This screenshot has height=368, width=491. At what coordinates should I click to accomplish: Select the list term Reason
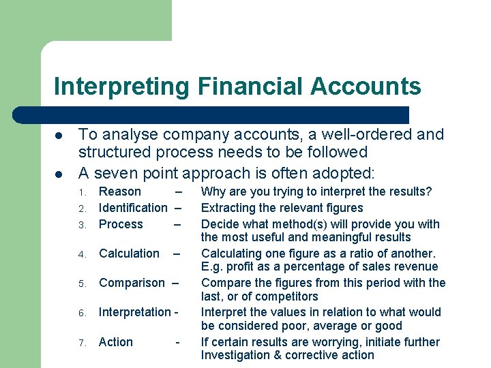point(120,191)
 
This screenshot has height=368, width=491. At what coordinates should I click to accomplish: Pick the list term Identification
point(133,208)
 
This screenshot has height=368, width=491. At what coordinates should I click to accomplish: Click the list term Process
point(121,224)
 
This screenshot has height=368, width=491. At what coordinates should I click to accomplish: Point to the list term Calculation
point(129,254)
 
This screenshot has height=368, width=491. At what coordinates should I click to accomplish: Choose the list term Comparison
point(132,283)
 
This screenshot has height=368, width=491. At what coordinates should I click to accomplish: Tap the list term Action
point(116,342)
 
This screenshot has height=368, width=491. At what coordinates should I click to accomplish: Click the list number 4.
point(81,255)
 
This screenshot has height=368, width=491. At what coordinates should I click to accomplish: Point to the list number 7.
point(81,343)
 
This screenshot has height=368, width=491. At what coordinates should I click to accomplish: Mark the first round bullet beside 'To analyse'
point(59,135)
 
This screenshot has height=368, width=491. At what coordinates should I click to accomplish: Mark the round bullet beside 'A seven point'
point(59,172)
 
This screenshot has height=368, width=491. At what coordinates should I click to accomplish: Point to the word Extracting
point(228,208)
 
